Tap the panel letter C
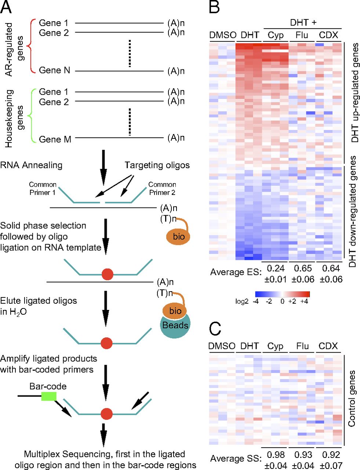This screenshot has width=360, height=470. tap(215, 329)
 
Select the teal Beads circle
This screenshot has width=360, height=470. tap(175, 326)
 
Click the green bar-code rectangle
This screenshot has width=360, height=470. tap(48, 396)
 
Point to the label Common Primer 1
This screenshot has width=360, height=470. tap(43, 188)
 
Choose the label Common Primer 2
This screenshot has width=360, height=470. tap(162, 188)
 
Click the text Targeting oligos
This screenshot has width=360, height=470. tap(157, 165)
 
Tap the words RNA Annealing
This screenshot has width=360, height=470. tap(32, 165)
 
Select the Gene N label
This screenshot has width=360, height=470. tap(54, 70)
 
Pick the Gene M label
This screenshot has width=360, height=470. tap(55, 139)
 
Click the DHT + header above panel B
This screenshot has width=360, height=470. tap(303, 22)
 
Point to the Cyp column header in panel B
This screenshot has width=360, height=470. tap(276, 35)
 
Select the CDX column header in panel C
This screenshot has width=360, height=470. tap(328, 346)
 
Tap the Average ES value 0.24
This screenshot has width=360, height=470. tap(276, 268)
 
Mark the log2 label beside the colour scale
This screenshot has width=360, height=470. tap(242, 301)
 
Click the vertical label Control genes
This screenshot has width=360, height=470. tap(352, 399)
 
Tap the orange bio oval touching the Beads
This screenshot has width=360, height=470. tap(175, 311)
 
